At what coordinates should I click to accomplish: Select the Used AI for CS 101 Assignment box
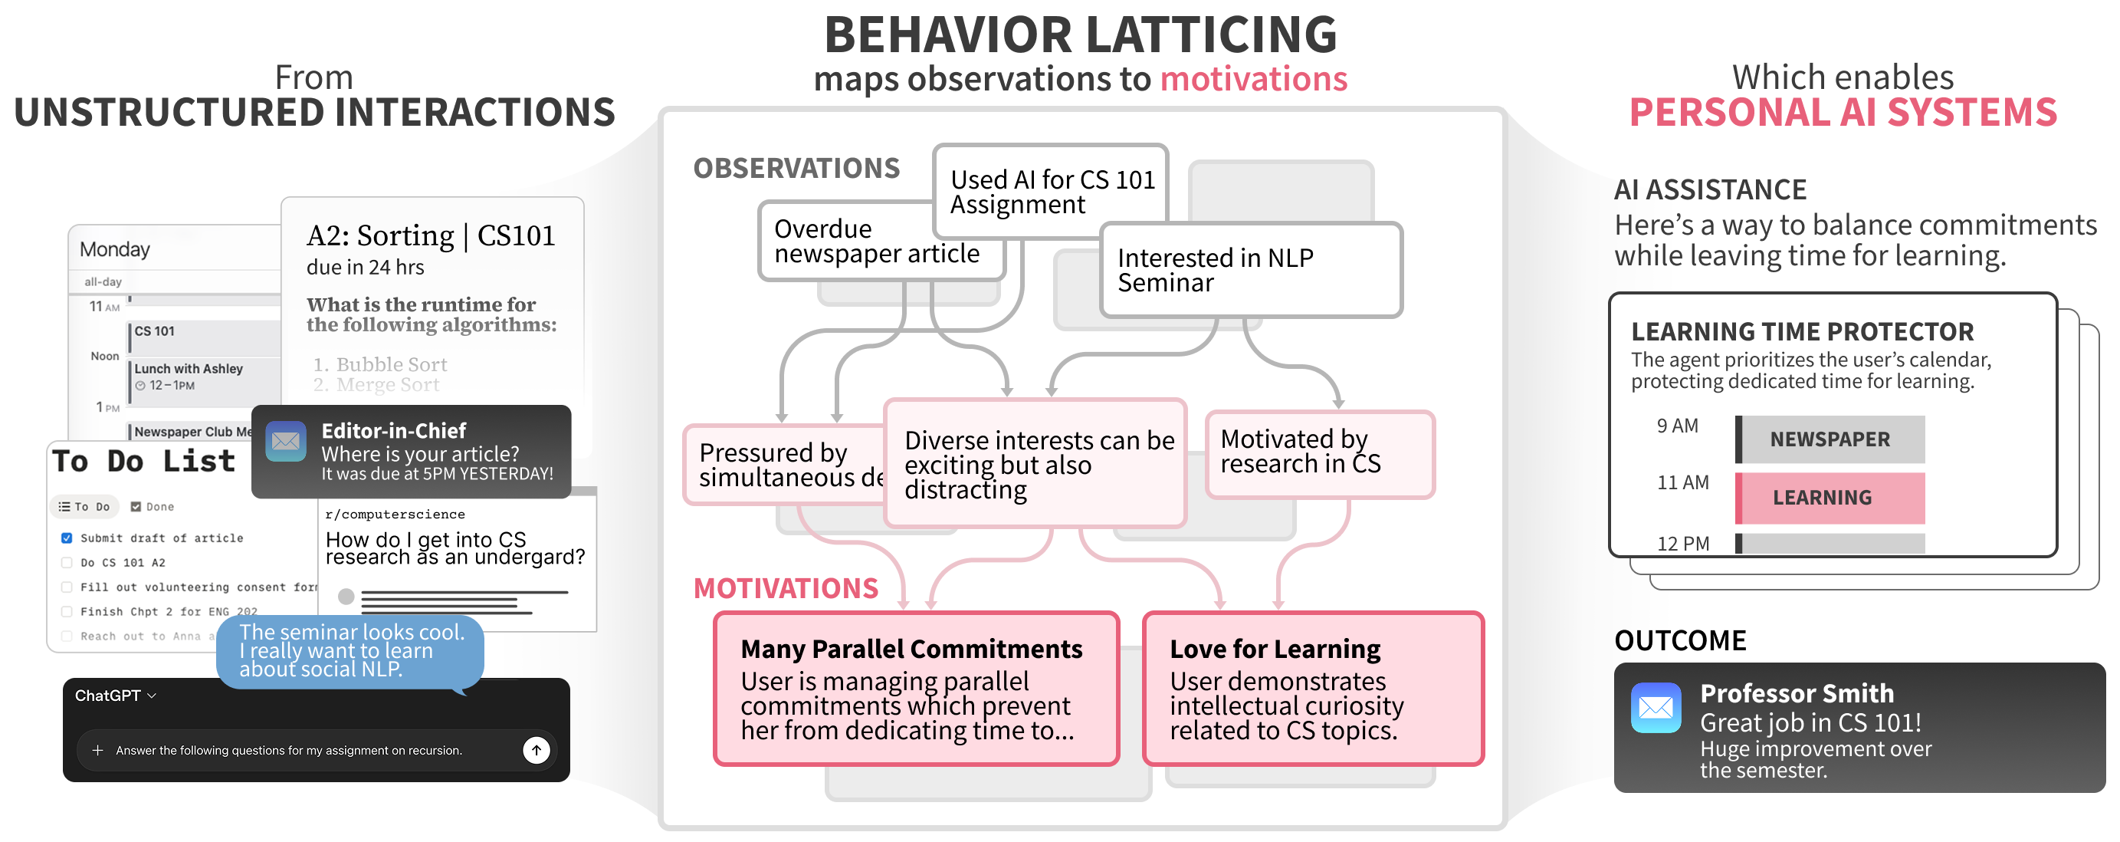click(1051, 192)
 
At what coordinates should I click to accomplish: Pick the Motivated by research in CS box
click(1319, 452)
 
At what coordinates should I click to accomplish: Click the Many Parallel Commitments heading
click(911, 650)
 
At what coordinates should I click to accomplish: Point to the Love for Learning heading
click(1275, 650)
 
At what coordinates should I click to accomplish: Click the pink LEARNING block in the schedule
click(1830, 498)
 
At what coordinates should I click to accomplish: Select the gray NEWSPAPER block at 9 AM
click(1830, 439)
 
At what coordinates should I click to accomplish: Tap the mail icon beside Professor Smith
click(1655, 707)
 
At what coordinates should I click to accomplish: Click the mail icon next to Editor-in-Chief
click(286, 441)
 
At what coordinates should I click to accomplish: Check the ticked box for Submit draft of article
click(67, 538)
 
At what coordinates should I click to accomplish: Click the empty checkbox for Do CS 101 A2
click(67, 563)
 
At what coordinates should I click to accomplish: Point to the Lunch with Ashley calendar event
click(189, 370)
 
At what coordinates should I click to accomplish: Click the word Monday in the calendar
click(115, 249)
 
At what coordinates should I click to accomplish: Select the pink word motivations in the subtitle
click(1253, 80)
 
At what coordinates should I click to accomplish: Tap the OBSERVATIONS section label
click(796, 169)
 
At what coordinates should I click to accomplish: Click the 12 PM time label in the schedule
click(1682, 544)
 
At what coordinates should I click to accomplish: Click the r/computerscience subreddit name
click(395, 515)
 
